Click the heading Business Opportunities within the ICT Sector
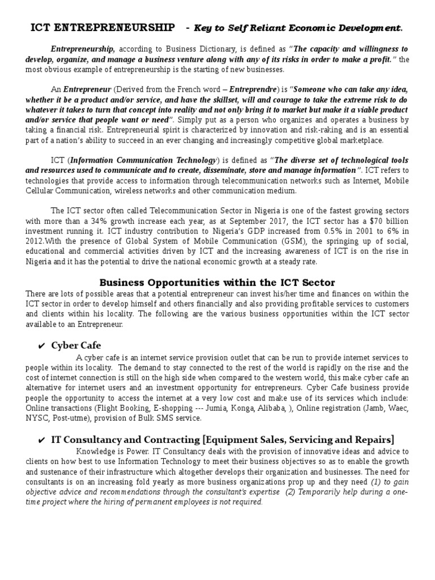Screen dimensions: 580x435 coord(217,282)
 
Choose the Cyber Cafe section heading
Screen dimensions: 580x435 coord(76,345)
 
